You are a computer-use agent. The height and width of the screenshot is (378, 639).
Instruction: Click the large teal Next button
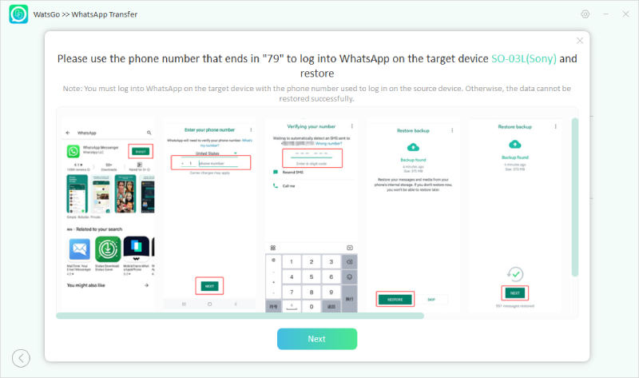(316, 339)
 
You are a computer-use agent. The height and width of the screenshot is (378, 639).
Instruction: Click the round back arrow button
(21, 359)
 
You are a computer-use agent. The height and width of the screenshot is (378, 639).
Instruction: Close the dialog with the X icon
(580, 41)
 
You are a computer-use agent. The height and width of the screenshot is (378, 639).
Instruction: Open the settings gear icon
(585, 14)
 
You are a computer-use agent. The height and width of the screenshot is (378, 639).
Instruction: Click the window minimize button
(605, 14)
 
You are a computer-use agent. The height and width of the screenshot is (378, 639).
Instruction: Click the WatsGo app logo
(19, 14)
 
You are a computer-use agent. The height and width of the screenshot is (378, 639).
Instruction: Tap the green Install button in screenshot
(141, 150)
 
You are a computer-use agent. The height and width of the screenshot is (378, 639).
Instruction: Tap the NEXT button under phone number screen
(209, 285)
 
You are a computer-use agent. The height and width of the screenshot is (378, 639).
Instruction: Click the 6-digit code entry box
(312, 158)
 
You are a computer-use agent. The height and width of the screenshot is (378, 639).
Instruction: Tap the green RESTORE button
(395, 299)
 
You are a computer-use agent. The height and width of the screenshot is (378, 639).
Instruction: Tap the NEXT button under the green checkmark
(515, 292)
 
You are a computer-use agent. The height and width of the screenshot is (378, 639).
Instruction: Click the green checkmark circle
(515, 274)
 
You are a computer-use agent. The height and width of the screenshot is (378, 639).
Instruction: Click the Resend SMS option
(293, 172)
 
